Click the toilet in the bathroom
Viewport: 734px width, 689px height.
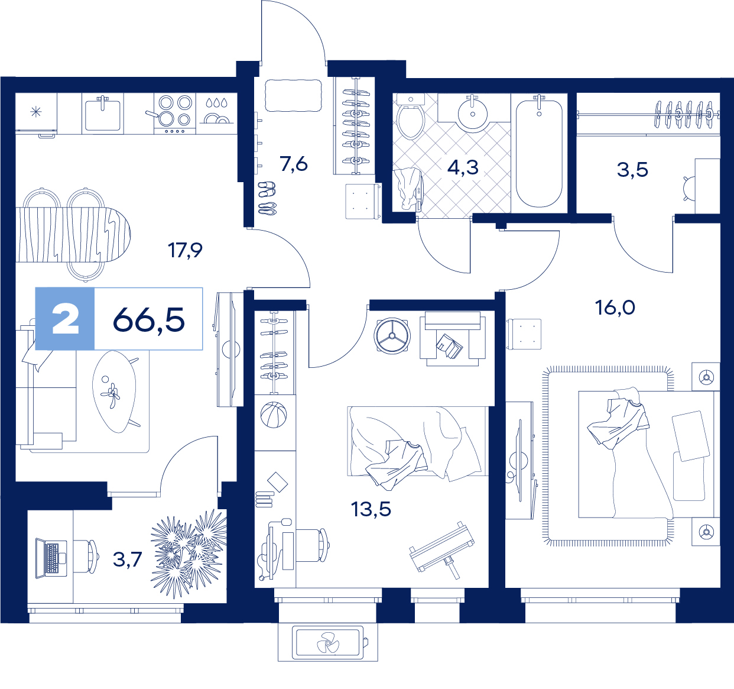(411, 117)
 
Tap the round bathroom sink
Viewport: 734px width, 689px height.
(473, 113)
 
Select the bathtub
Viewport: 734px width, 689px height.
(539, 153)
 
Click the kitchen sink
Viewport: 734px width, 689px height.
(103, 114)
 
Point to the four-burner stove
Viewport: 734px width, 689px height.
(175, 113)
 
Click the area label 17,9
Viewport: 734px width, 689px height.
(185, 250)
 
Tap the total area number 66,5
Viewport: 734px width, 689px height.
(148, 320)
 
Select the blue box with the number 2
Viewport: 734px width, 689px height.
(65, 319)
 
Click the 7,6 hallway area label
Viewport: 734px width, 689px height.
(294, 164)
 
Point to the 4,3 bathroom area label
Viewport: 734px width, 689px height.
(463, 167)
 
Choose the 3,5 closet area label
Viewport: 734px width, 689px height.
(632, 170)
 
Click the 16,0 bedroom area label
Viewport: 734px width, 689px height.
(615, 308)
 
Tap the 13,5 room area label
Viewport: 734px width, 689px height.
(371, 509)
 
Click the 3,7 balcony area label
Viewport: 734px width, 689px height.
(128, 559)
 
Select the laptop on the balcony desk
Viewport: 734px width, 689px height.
(51, 558)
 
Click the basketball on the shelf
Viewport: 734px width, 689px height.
(274, 415)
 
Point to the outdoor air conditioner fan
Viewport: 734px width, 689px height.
(328, 643)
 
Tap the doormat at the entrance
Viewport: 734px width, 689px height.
(294, 95)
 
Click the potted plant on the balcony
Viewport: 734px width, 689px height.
(189, 554)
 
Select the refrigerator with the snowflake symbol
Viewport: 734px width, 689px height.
(36, 113)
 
